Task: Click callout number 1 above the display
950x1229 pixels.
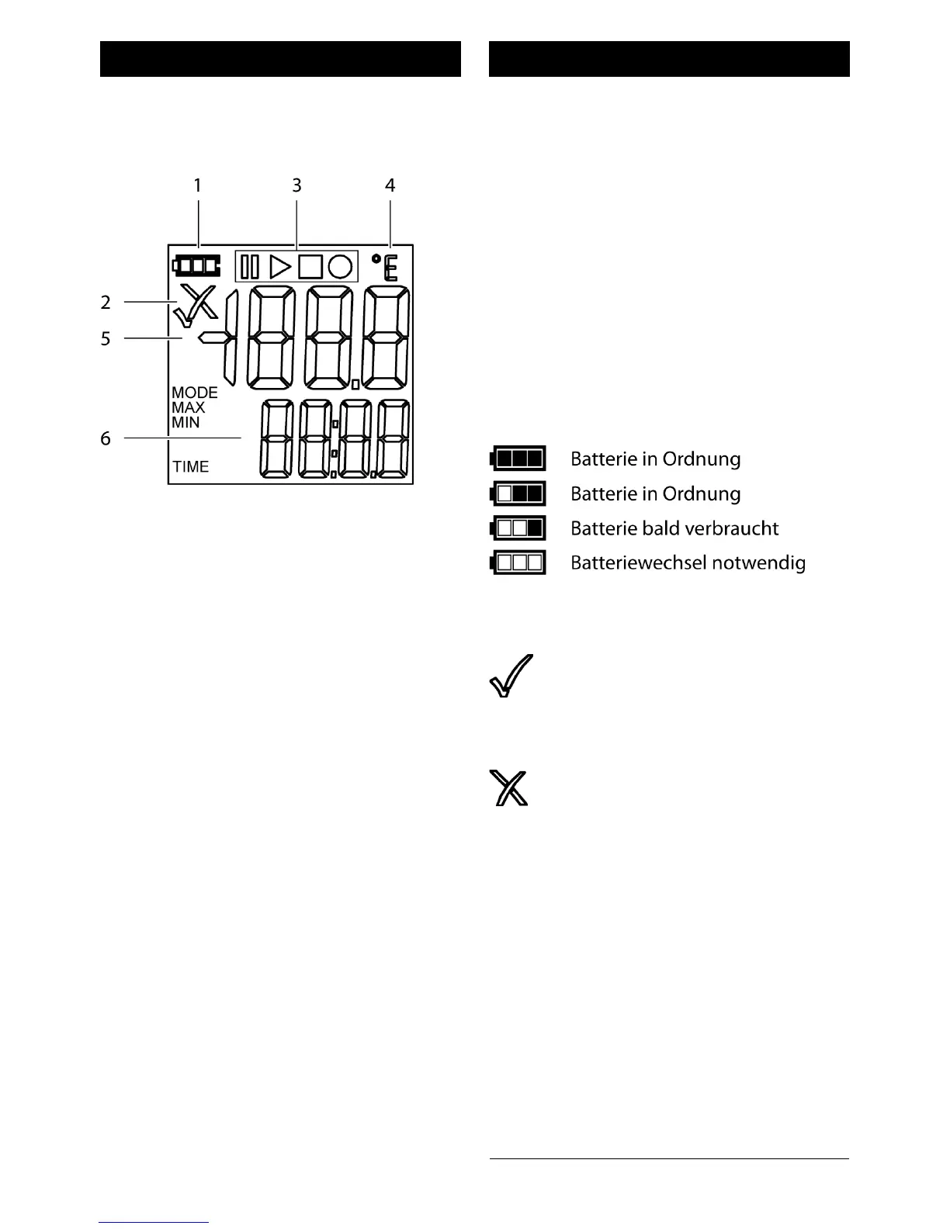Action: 197,185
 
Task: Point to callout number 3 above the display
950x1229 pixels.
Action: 296,185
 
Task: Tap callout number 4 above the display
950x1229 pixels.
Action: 390,185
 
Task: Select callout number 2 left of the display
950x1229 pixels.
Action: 106,302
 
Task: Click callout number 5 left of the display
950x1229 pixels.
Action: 106,339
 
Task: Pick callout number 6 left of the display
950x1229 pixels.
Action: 106,438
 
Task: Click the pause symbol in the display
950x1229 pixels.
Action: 249,267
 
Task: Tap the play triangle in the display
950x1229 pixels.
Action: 279,267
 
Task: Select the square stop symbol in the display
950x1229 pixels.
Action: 310,267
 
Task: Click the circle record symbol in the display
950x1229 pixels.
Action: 340,267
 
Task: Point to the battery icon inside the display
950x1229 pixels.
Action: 196,266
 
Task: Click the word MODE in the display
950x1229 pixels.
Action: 195,393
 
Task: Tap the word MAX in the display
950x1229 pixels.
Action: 189,407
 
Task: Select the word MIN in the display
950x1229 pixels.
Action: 186,423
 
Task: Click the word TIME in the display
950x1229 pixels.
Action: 191,466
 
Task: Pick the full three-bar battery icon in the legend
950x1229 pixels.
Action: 518,459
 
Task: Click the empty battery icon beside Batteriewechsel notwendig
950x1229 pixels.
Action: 518,563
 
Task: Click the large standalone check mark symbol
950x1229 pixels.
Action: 511,677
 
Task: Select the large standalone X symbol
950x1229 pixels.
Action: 509,788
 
